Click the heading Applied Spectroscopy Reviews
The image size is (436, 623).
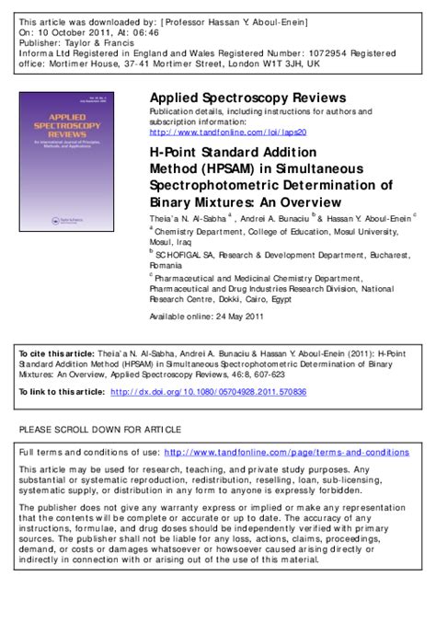[x=247, y=98]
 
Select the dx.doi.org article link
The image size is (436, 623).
[x=209, y=392]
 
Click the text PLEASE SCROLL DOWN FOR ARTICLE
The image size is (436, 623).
[x=100, y=430]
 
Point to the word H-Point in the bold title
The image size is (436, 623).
[x=175, y=155]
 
